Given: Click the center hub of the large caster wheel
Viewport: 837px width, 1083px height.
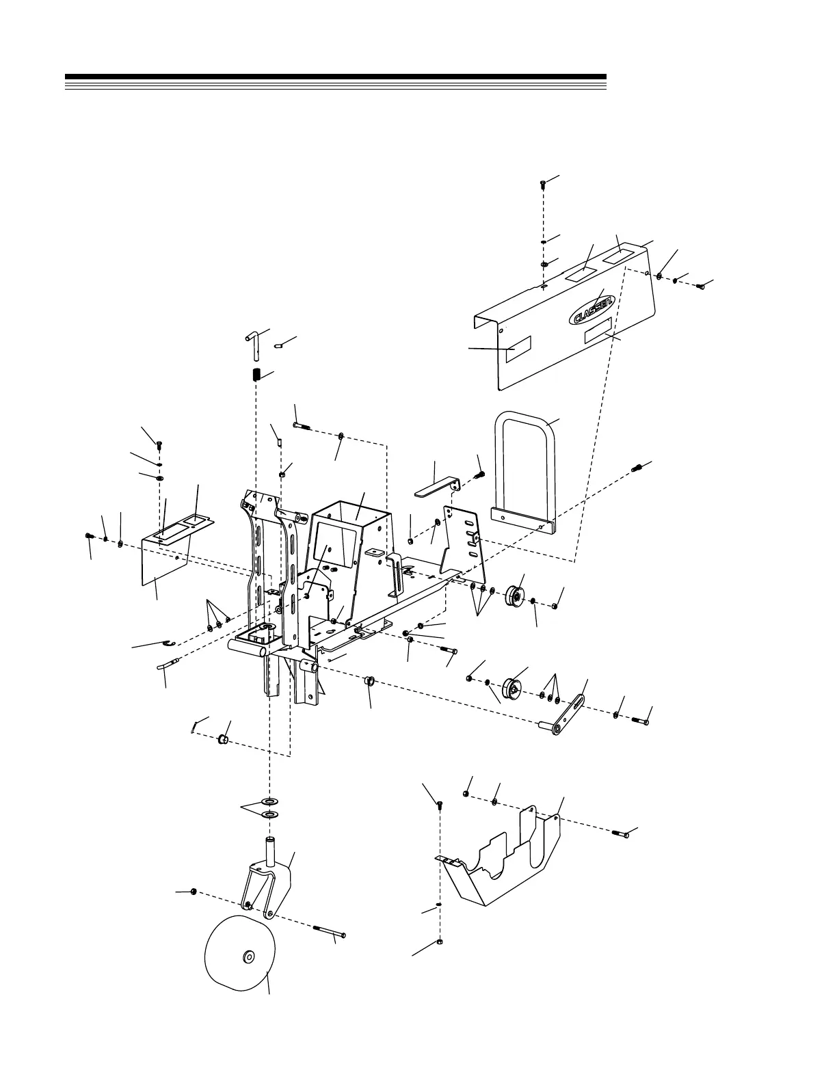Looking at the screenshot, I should [x=248, y=957].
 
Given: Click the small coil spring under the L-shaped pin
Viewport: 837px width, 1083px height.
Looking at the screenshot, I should [x=257, y=375].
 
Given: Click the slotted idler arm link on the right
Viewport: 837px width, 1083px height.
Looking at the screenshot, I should [x=568, y=715].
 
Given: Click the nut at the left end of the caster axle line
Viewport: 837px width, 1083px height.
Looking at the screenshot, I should [x=194, y=892].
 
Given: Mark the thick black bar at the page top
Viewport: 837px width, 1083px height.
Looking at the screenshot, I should [x=335, y=77].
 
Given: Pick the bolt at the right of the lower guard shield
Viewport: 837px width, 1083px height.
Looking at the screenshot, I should [x=623, y=833].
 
